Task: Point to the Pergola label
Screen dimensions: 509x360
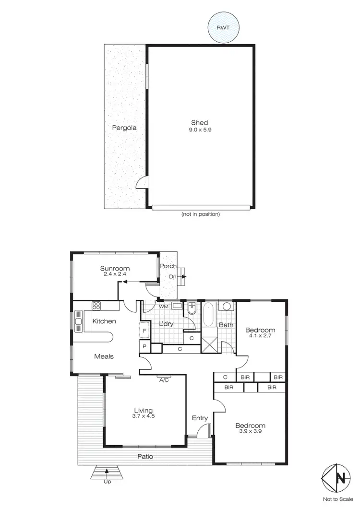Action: (124, 128)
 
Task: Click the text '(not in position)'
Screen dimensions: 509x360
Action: (201, 214)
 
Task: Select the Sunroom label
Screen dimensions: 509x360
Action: (115, 269)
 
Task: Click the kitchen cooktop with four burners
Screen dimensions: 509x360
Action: (96, 306)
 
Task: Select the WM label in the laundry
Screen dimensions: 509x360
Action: (163, 306)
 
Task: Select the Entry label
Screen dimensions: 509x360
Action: (200, 418)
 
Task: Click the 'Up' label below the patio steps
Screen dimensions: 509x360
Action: (107, 482)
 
